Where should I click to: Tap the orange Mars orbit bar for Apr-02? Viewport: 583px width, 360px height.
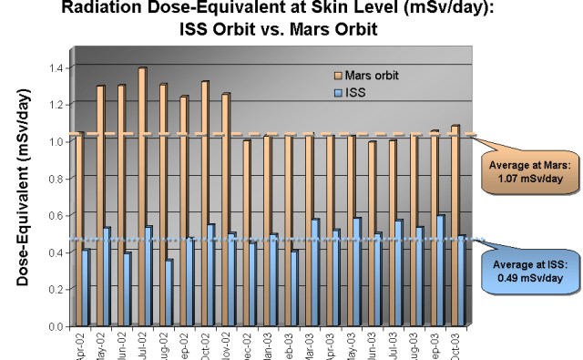80,228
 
